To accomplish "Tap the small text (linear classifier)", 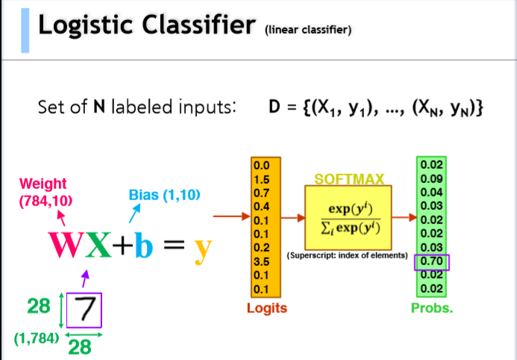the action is (308, 31).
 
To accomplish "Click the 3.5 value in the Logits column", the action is (262, 262).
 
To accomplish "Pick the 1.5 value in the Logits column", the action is (262, 180).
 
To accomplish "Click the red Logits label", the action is (268, 308).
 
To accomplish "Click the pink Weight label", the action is (43, 184).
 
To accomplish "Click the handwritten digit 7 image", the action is (85, 309).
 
